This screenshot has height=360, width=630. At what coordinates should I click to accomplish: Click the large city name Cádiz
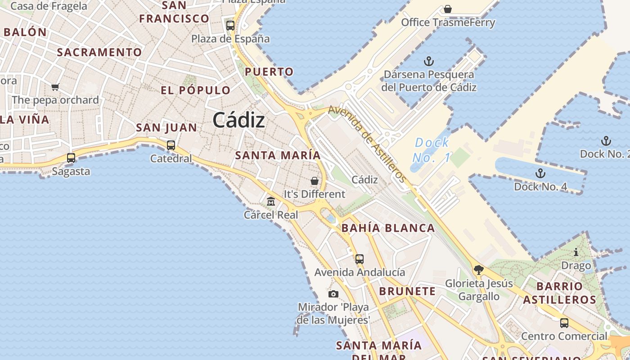click(x=238, y=120)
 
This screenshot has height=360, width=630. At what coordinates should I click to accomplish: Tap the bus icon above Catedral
click(x=171, y=145)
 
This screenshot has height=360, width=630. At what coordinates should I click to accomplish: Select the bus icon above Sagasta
click(x=71, y=158)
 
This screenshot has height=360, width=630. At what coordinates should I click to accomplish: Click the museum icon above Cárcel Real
click(x=271, y=201)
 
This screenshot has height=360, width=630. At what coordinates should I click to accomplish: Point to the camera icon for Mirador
click(x=333, y=294)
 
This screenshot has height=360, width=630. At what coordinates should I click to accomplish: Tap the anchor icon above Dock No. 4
click(x=540, y=173)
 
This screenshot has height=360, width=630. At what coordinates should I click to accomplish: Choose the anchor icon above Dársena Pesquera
click(x=429, y=61)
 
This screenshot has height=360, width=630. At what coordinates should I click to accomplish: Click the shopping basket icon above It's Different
click(x=315, y=181)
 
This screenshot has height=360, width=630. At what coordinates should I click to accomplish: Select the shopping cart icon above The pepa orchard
click(x=55, y=87)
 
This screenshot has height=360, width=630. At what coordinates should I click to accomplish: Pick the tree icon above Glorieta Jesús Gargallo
click(x=479, y=270)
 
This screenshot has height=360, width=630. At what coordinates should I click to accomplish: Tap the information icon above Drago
click(x=576, y=252)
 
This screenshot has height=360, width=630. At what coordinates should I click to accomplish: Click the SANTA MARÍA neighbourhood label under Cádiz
click(x=278, y=155)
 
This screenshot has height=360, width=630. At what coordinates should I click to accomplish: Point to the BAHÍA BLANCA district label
click(x=388, y=228)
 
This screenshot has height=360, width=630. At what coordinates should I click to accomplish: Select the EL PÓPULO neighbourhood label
click(x=196, y=90)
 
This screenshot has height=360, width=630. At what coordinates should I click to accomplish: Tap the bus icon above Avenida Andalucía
click(x=359, y=259)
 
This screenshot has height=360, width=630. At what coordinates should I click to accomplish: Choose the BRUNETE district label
click(x=407, y=291)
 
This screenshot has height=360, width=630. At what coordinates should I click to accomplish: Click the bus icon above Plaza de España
click(x=230, y=26)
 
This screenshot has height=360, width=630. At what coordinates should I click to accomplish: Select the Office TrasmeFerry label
click(x=448, y=22)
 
